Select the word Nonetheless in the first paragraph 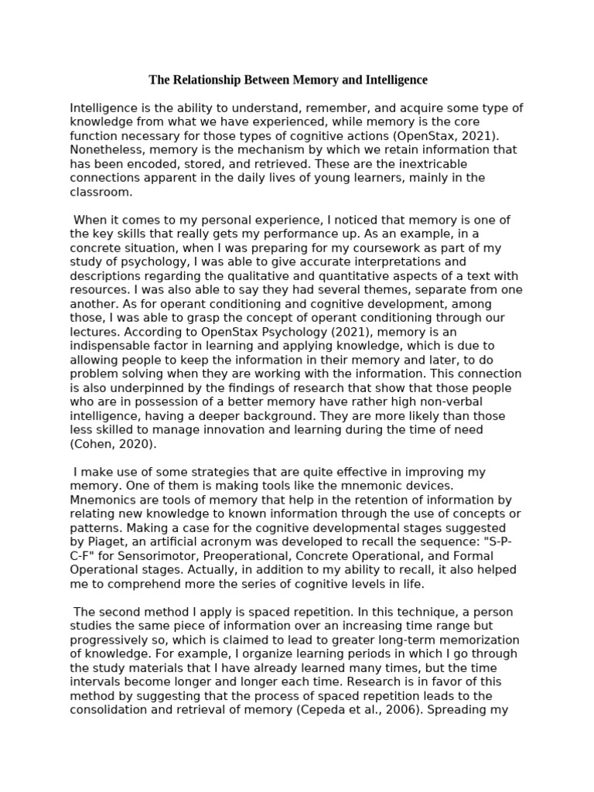point(105,150)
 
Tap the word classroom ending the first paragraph point(101,192)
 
